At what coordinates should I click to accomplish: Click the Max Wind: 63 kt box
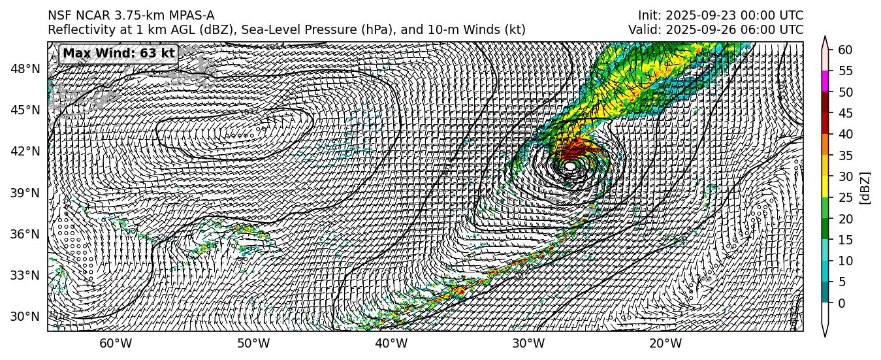119,54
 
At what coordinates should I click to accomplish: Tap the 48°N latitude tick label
25,69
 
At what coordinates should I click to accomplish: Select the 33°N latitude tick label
25,275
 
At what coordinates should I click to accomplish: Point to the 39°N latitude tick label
25,193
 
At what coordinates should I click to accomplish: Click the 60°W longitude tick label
116,344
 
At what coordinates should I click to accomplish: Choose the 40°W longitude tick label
391,344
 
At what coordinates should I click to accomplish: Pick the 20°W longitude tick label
666,344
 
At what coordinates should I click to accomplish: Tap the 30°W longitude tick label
528,344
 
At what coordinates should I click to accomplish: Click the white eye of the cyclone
570,167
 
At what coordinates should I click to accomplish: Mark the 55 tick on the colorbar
845,71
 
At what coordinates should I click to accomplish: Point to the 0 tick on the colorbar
842,303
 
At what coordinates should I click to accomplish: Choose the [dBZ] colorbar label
866,188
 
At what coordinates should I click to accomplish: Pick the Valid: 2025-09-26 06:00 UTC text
716,30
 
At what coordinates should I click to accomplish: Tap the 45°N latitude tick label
25,110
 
